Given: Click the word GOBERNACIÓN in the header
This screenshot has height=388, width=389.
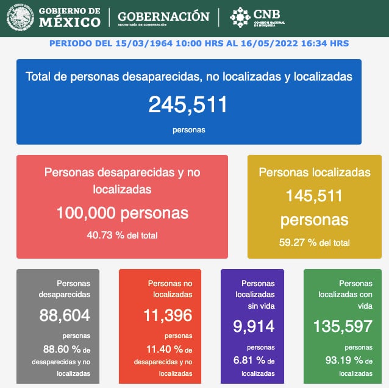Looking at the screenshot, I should [163, 16].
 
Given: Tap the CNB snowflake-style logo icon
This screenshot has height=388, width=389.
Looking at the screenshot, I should [240, 17].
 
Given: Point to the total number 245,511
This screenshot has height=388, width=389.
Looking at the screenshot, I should [188, 104].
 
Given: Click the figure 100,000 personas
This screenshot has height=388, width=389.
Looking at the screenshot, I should [122, 213].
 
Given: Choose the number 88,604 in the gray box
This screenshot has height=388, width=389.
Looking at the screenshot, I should [65, 315].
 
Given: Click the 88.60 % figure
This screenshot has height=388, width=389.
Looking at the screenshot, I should [57, 350].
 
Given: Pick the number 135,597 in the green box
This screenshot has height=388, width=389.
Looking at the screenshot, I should [342, 326].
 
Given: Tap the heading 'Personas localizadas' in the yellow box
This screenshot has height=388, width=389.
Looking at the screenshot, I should [314, 173].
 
